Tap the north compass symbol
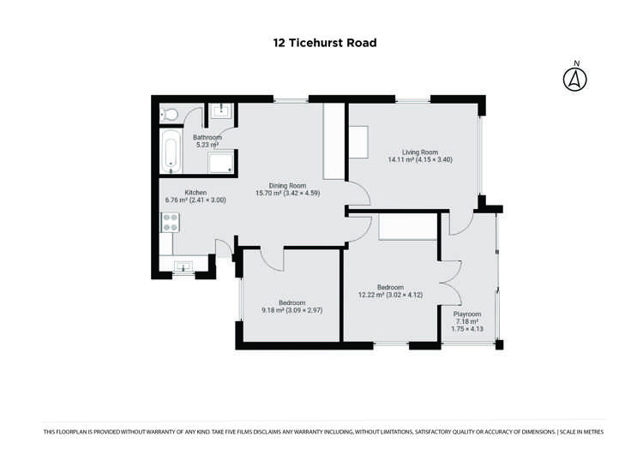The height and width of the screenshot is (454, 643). [575, 78]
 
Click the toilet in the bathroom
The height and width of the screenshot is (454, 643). [170, 114]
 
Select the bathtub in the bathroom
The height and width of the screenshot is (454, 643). [171, 151]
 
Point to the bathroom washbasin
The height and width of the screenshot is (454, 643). [222, 110]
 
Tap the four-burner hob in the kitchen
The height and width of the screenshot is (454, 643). [170, 223]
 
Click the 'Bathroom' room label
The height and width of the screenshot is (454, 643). [207, 138]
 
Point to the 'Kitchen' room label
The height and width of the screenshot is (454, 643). [173, 193]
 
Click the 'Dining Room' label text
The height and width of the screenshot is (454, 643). [287, 186]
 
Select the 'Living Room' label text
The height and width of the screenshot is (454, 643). [408, 152]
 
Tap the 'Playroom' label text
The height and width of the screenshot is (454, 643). [467, 314]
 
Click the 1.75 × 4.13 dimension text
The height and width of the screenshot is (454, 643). [467, 329]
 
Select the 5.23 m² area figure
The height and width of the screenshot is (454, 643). [207, 146]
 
